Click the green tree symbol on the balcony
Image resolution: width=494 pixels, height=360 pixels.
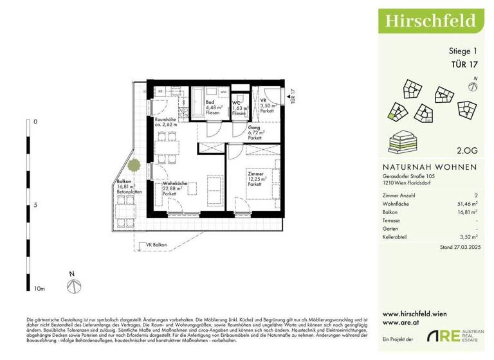(x=134, y=165)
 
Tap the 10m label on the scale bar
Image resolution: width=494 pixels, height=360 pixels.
(x=39, y=289)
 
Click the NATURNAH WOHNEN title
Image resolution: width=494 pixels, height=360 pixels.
(x=425, y=167)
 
